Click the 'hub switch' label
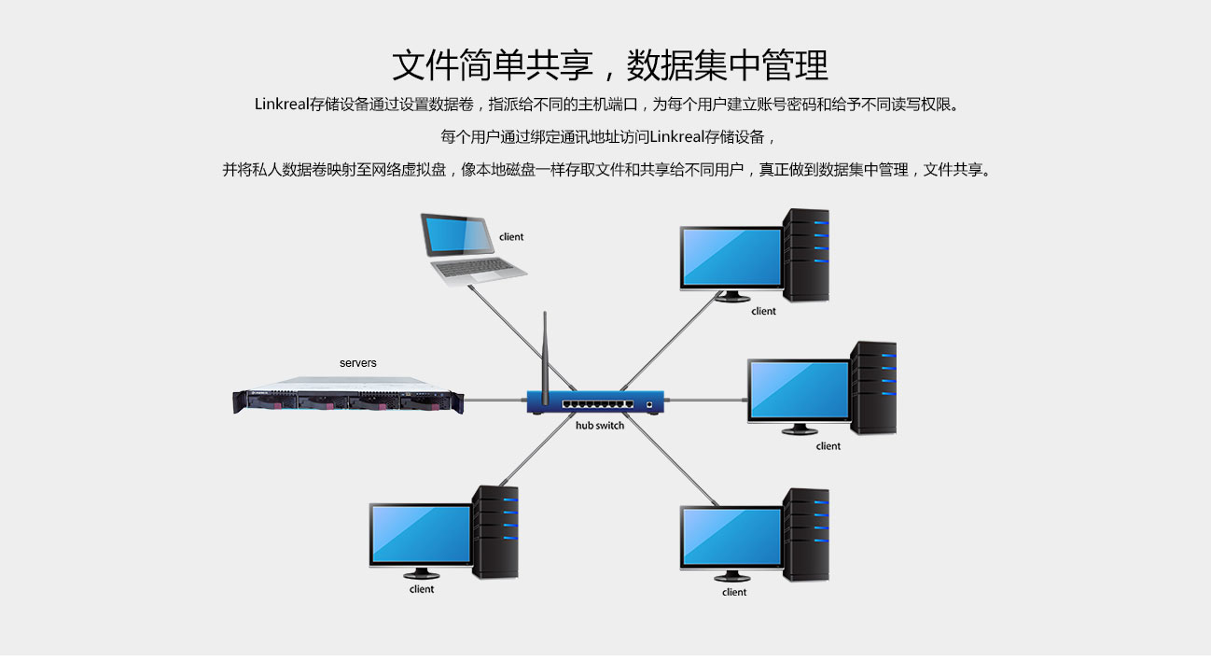pyautogui.click(x=600, y=426)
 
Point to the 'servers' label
pyautogui.click(x=358, y=362)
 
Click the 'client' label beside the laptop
pyautogui.click(x=511, y=237)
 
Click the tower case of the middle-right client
pyautogui.click(x=873, y=387)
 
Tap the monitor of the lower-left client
pyautogui.click(x=420, y=535)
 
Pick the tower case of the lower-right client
pyautogui.click(x=806, y=534)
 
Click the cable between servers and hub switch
pyautogui.click(x=495, y=400)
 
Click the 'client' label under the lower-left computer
pyautogui.click(x=422, y=589)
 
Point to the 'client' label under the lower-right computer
pyautogui.click(x=734, y=592)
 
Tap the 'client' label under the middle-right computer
pyautogui.click(x=828, y=446)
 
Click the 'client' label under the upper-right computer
pyautogui.click(x=763, y=312)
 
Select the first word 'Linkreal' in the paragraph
pyautogui.click(x=282, y=104)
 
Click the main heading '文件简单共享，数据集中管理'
pyautogui.click(x=609, y=65)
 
